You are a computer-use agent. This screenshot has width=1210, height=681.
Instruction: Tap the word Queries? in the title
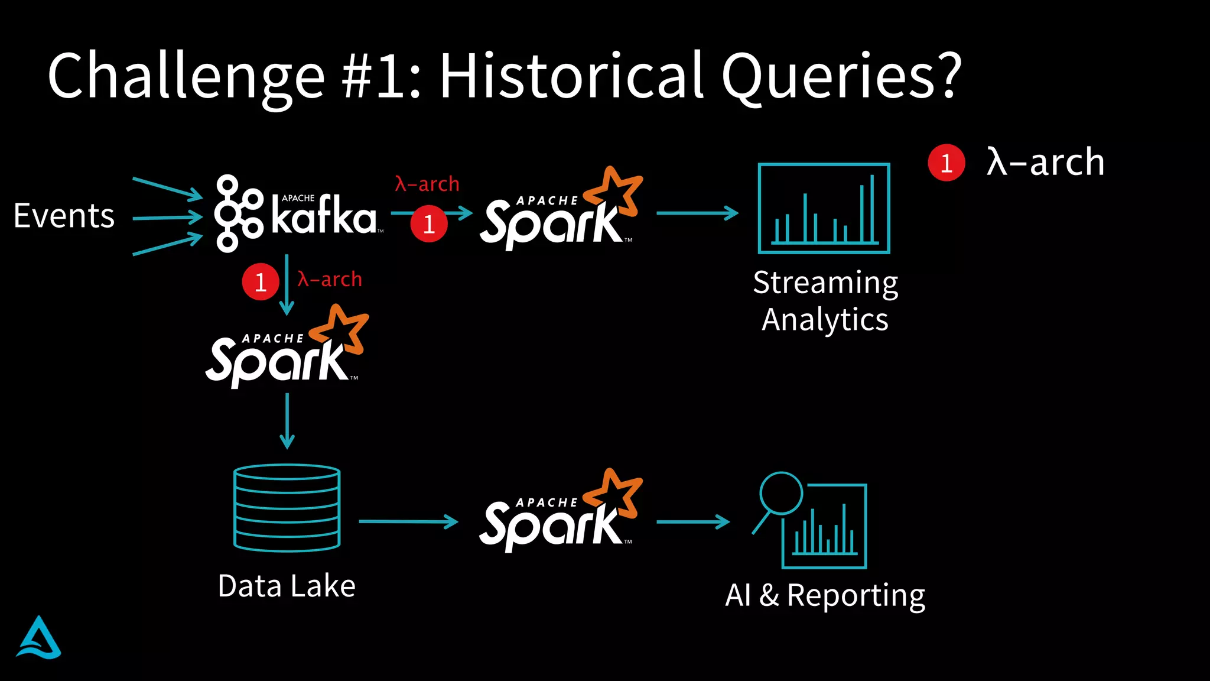coord(842,77)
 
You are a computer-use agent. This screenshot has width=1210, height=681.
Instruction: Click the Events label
coord(64,216)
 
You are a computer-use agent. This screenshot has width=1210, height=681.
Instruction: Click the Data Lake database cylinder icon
coord(287,508)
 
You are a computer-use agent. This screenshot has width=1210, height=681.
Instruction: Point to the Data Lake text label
coord(287,586)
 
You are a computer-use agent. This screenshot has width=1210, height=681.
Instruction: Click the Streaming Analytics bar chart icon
coord(824,209)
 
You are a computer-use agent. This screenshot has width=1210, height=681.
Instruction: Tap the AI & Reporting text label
coord(825,595)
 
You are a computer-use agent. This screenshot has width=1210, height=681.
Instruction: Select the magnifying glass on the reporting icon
coord(780,492)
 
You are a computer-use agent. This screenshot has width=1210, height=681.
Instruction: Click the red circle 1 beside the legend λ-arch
coord(946,163)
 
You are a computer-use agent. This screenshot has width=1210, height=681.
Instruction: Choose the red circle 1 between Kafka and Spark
coord(429,223)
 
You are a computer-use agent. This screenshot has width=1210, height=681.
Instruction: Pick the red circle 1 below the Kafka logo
coord(261,282)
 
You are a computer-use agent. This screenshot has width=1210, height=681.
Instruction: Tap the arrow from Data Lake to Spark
coord(408,521)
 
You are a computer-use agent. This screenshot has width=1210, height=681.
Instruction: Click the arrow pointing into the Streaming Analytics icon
coord(697,213)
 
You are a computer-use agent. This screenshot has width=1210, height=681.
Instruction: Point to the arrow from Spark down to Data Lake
coord(287,421)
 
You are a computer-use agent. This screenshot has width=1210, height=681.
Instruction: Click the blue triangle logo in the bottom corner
coord(38,638)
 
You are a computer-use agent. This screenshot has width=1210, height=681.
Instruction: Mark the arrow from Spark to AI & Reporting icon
coord(693,521)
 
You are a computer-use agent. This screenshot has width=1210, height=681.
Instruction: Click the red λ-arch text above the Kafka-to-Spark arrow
coord(427,184)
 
